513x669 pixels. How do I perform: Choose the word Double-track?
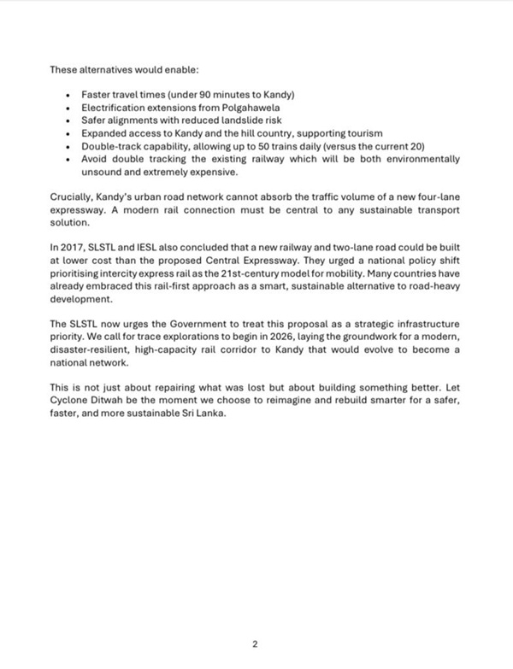[x=111, y=147]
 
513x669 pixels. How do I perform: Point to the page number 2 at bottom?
[x=255, y=643]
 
